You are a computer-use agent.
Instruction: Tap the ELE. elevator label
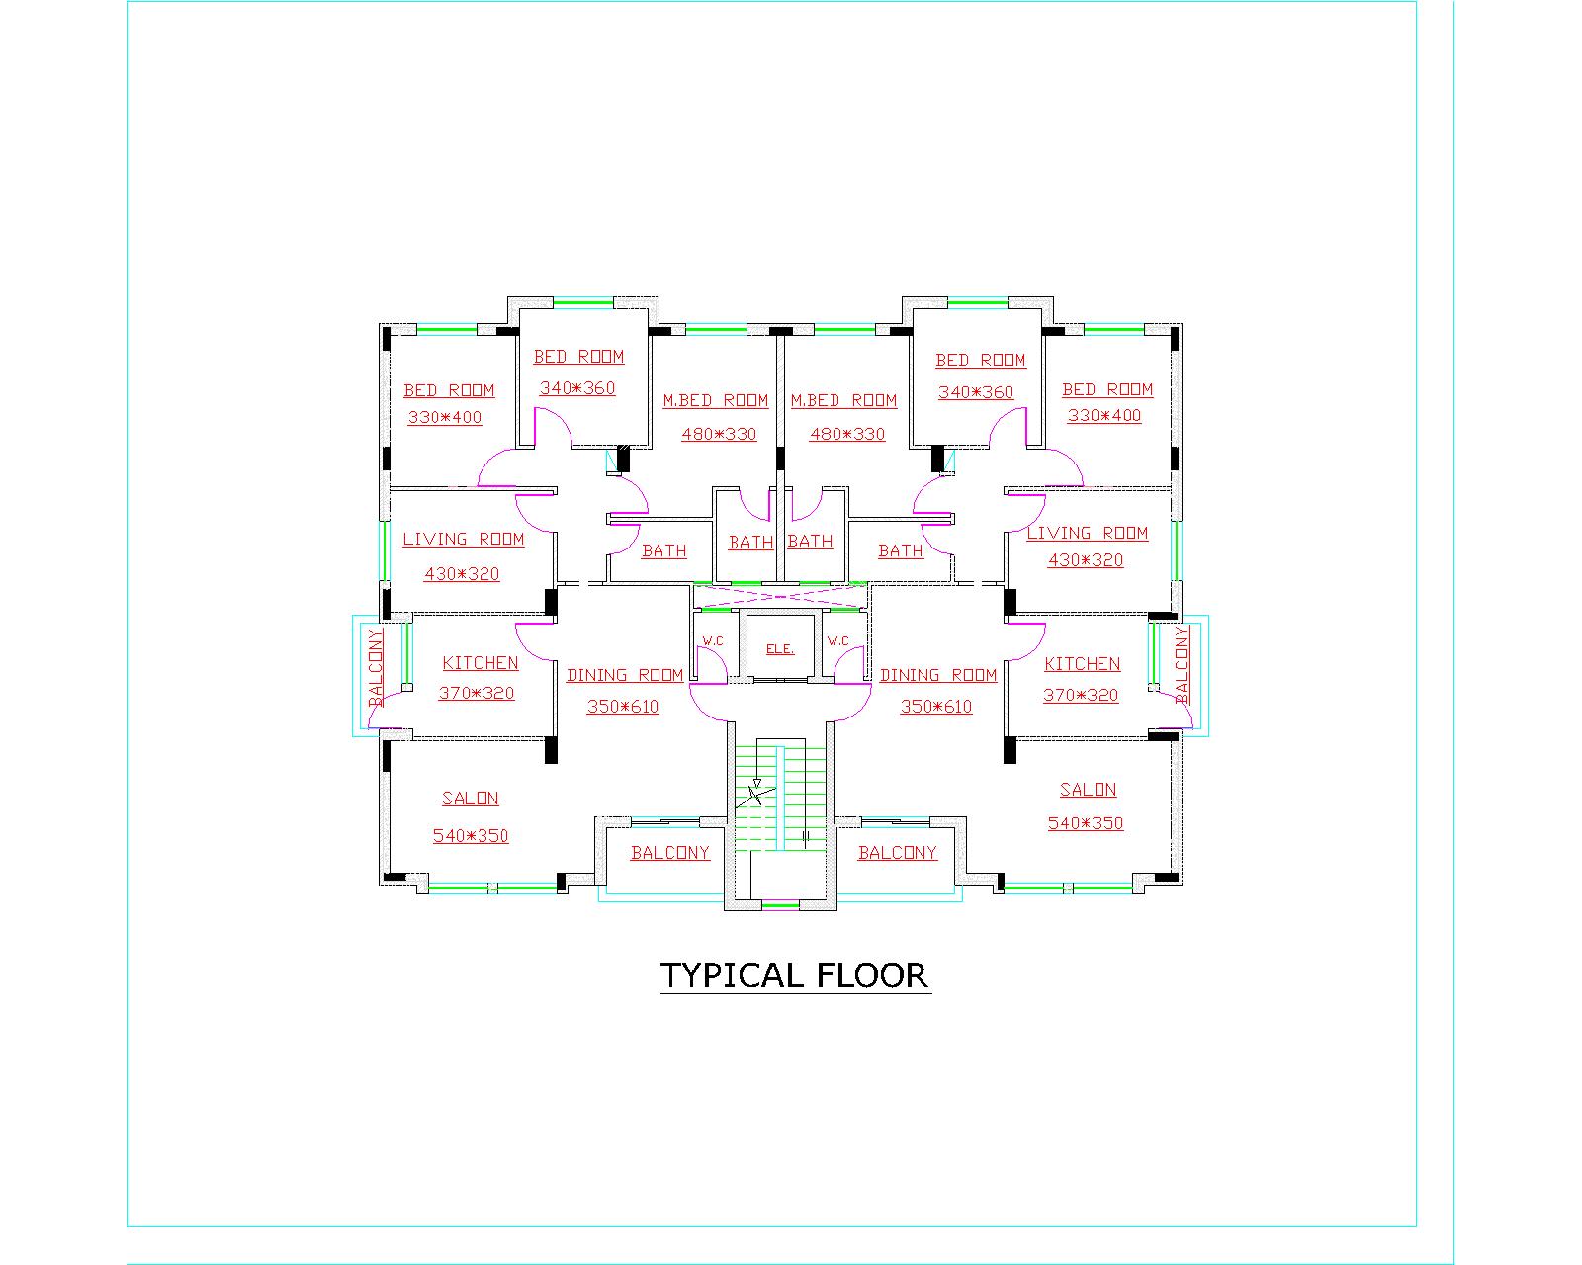(780, 649)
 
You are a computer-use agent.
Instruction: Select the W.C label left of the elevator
(712, 641)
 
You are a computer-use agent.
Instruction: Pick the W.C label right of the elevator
(837, 641)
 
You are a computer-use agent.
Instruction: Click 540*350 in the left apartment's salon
(471, 836)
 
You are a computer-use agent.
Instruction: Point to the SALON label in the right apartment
(1088, 790)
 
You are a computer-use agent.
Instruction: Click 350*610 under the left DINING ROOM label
(623, 707)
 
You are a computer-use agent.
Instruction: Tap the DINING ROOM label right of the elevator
(938, 675)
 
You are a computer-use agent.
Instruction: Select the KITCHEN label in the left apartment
(481, 663)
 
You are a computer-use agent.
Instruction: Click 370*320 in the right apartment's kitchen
(1081, 695)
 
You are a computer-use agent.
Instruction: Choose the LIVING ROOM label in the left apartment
(463, 539)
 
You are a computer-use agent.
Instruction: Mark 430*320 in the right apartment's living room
(1086, 560)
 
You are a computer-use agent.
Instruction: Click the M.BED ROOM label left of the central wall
(715, 400)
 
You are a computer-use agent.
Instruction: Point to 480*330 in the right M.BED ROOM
(847, 434)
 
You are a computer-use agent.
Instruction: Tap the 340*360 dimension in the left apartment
(577, 388)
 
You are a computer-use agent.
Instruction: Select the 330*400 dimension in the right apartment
(1104, 415)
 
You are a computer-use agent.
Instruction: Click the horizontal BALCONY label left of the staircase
(670, 853)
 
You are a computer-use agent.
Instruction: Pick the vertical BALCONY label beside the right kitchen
(1183, 665)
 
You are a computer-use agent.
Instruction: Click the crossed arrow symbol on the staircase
(755, 795)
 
